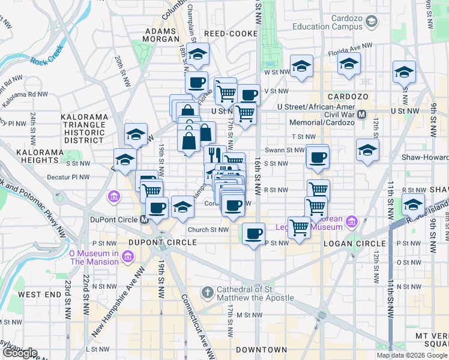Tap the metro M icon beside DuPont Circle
[x=144, y=220]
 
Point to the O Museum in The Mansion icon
[x=127, y=257]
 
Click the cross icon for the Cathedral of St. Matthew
[x=207, y=293]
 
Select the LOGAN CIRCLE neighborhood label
[x=351, y=243]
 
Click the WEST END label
[x=40, y=295]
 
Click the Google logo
[x=19, y=353]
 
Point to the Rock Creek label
[x=47, y=61]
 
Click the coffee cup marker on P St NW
[x=254, y=232]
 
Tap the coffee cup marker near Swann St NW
[x=318, y=157]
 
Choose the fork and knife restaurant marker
[x=214, y=154]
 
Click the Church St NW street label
[x=208, y=230]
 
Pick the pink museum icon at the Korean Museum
[x=352, y=223]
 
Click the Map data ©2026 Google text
[x=411, y=355]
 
